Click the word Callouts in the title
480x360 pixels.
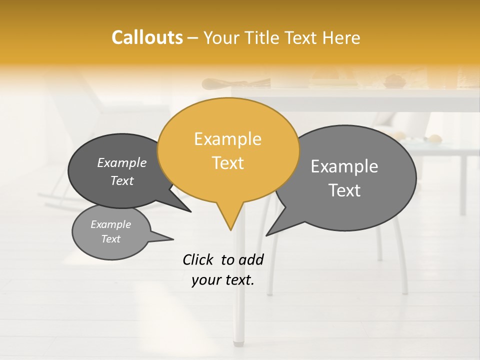(147, 37)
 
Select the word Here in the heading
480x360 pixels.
(342, 38)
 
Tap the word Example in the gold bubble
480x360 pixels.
(227, 139)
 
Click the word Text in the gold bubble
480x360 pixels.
(227, 163)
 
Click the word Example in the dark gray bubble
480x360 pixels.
(121, 163)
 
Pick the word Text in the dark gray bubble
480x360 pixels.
(121, 180)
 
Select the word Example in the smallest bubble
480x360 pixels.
(110, 224)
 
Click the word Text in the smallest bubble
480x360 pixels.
(110, 239)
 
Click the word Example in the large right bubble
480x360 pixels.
(344, 166)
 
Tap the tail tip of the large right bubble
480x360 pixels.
(267, 234)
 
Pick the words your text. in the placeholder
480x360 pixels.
(222, 280)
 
